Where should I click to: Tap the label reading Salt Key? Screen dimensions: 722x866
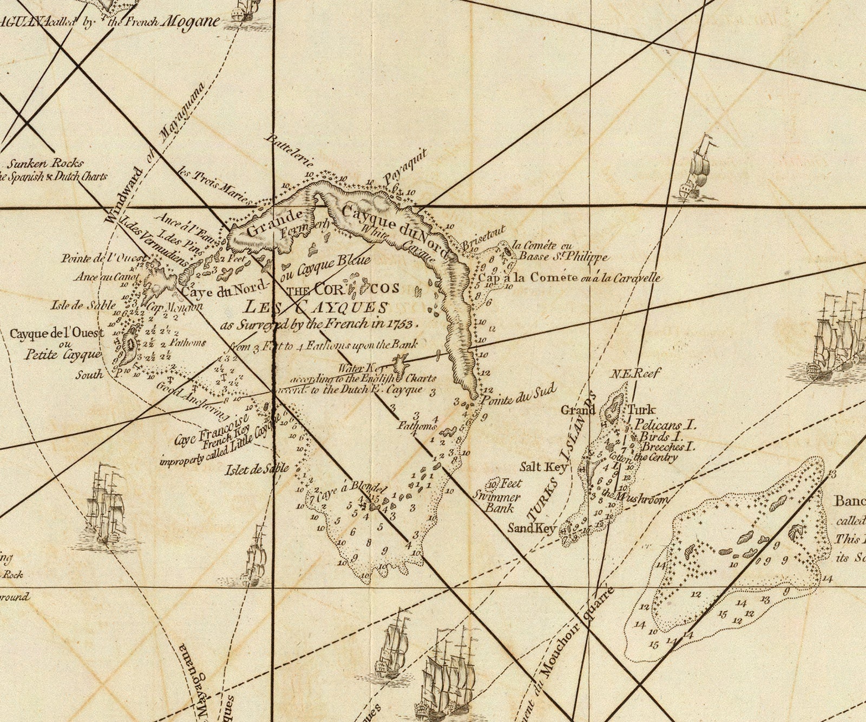[543, 467]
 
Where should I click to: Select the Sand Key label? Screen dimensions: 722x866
[531, 528]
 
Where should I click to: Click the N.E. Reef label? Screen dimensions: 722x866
[635, 373]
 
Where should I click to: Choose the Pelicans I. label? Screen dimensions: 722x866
[665, 424]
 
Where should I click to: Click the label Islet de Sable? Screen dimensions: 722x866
[257, 469]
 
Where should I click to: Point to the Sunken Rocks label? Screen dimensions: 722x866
[45, 163]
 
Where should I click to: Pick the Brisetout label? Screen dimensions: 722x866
[483, 238]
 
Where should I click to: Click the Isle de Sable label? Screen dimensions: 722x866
[83, 305]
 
